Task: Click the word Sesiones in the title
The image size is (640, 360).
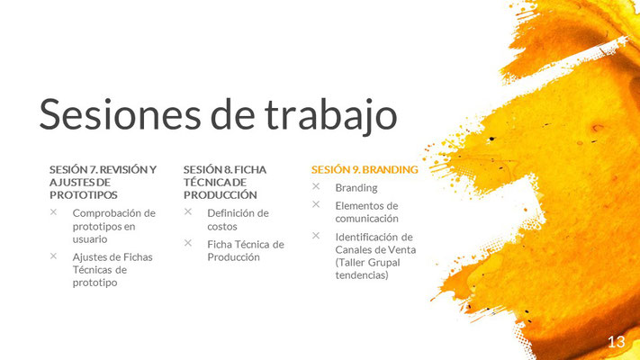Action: [120, 114]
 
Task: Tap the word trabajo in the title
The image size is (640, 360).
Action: [330, 116]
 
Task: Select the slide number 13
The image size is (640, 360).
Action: [617, 342]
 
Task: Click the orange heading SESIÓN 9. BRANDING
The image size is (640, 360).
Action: [365, 169]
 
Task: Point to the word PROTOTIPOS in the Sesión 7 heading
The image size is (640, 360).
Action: [84, 195]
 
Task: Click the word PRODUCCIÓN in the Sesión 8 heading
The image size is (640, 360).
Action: [221, 195]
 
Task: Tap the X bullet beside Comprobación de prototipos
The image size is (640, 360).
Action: [53, 211]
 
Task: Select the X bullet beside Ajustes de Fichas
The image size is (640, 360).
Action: [53, 256]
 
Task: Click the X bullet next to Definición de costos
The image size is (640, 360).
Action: [188, 211]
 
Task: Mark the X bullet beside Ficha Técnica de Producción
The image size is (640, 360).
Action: [188, 243]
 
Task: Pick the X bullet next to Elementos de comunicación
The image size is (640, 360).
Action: [316, 204]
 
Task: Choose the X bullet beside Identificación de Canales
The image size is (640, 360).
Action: [316, 236]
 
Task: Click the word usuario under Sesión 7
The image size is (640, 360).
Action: [90, 239]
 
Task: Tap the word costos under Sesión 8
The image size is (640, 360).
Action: [222, 227]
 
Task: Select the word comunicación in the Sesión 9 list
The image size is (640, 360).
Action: [367, 219]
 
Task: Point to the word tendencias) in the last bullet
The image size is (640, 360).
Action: [362, 275]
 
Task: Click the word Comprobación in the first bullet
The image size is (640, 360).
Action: [105, 214]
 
